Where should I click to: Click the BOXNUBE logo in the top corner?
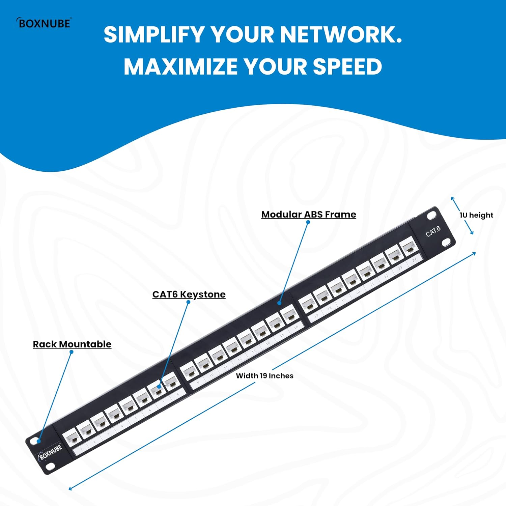pyautogui.click(x=44, y=23)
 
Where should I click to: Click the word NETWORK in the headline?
pyautogui.click(x=340, y=34)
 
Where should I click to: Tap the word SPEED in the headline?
pyautogui.click(x=347, y=66)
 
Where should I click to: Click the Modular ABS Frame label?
pyautogui.click(x=309, y=215)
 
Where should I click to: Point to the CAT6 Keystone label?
pyautogui.click(x=189, y=294)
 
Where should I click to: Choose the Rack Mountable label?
pyautogui.click(x=72, y=344)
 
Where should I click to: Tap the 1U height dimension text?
pyautogui.click(x=476, y=215)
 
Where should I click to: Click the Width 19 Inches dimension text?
pyautogui.click(x=264, y=376)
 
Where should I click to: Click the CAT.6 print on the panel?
pyautogui.click(x=433, y=231)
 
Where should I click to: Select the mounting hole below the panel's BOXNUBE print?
pyautogui.click(x=50, y=466)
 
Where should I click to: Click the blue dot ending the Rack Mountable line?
pyautogui.click(x=39, y=441)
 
